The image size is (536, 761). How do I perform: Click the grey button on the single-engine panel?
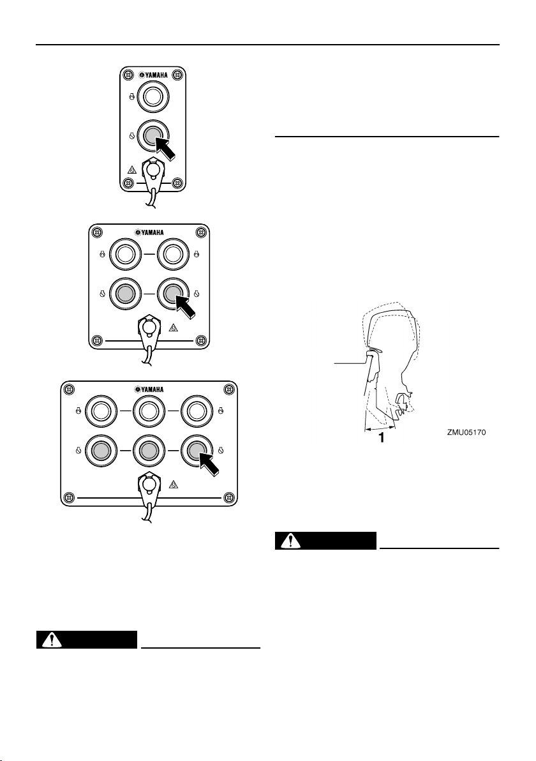(x=152, y=135)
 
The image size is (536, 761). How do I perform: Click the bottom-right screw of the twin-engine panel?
(x=200, y=339)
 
